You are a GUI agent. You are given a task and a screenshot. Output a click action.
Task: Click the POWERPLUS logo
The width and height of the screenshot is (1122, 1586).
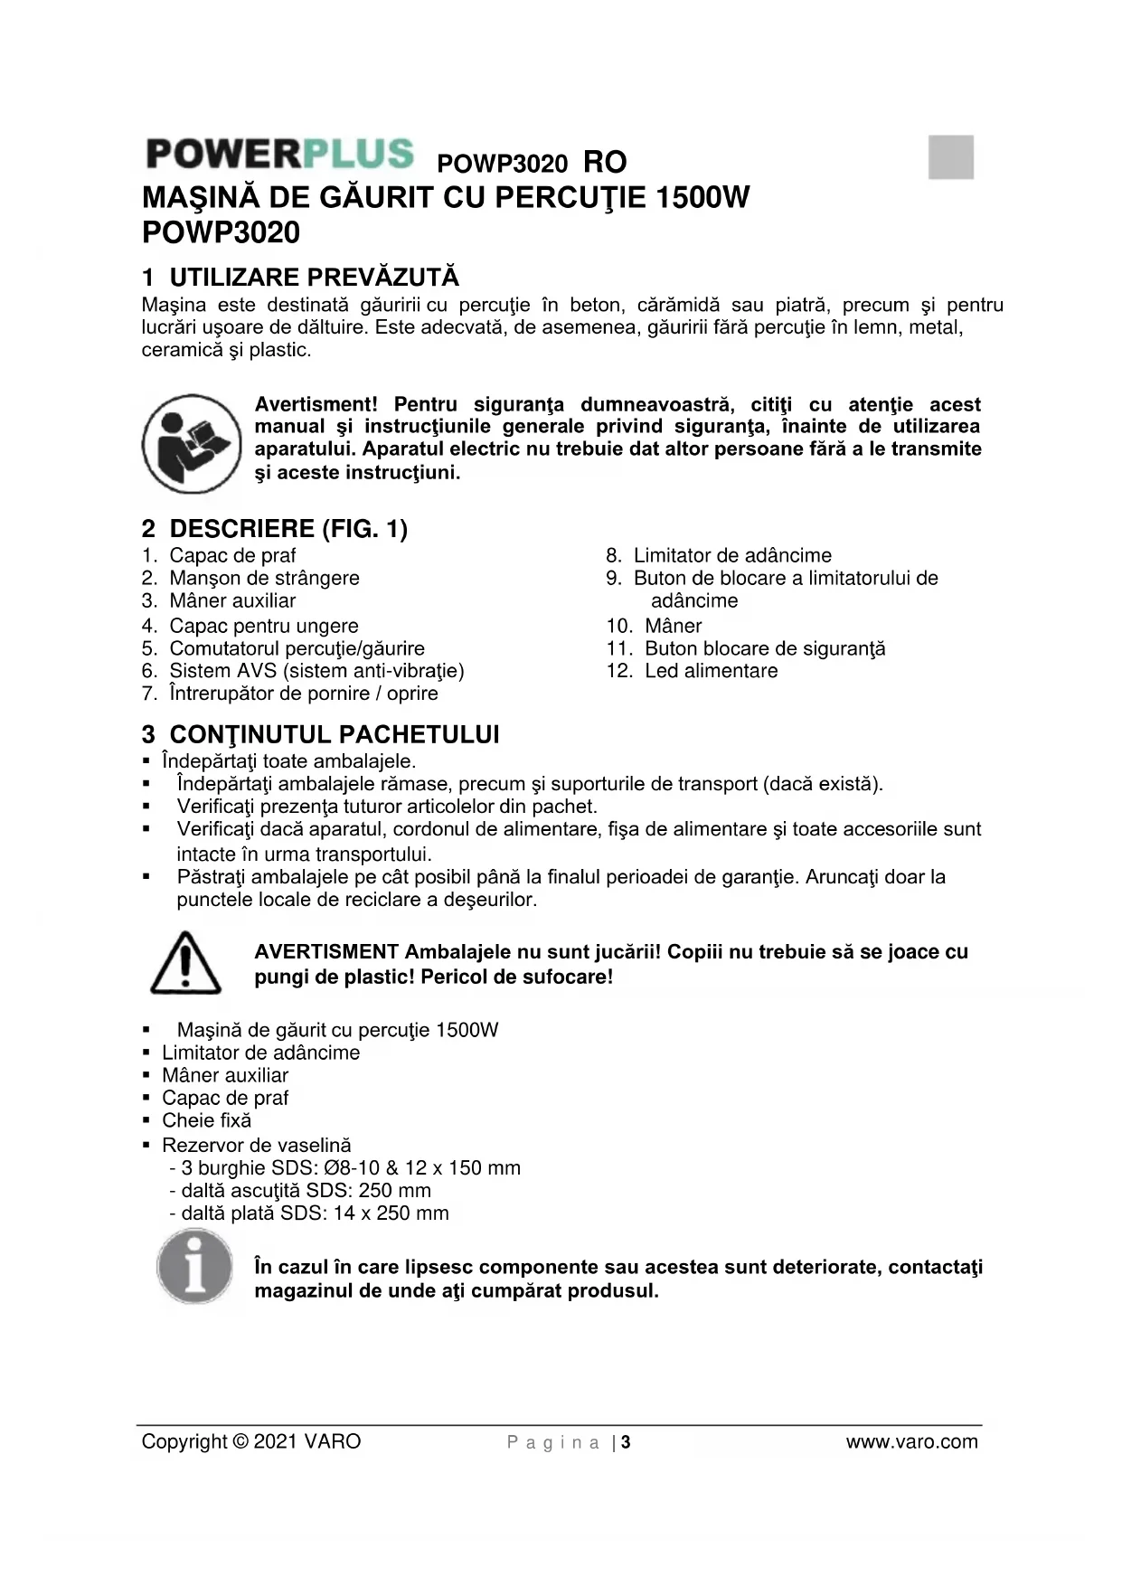(279, 154)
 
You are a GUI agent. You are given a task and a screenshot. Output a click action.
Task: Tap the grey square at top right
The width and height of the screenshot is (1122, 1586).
(950, 157)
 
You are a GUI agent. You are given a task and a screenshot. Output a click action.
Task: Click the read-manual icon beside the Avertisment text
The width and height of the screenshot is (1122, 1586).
(191, 443)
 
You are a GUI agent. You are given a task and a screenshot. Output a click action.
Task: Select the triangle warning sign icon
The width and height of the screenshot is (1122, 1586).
(185, 963)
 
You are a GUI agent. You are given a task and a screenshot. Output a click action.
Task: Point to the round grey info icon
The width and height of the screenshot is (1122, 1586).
(193, 1266)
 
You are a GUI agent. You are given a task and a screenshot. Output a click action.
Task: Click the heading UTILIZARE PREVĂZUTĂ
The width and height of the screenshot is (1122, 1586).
(314, 277)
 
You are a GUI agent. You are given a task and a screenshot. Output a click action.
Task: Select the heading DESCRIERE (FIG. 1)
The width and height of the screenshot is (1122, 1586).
(288, 528)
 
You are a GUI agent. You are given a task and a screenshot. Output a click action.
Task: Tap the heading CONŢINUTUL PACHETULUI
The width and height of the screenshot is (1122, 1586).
(334, 734)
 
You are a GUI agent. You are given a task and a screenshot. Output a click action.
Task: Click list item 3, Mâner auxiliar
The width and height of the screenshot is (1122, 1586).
(232, 600)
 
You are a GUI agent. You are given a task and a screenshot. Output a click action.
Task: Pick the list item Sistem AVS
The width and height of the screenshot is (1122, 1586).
(316, 671)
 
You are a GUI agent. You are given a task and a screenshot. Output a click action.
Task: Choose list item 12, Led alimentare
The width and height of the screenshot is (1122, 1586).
(711, 671)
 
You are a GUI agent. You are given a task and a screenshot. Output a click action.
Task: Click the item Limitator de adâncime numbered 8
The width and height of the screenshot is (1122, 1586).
(732, 555)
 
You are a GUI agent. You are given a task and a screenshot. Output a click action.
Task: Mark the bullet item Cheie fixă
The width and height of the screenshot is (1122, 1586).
(206, 1120)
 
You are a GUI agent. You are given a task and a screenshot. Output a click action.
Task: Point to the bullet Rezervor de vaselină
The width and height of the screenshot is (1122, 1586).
(256, 1145)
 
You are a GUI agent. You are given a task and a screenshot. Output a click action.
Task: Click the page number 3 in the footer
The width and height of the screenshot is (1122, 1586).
(626, 1442)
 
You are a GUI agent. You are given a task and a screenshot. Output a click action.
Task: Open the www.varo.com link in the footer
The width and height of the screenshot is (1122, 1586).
(911, 1441)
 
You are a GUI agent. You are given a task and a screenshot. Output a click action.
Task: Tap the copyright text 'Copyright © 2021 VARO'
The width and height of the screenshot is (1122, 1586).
(251, 1441)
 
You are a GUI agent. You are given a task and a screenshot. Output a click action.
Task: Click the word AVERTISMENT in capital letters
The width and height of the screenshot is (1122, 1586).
(326, 951)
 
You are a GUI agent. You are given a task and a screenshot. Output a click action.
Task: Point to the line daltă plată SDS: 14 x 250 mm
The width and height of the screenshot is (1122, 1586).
(314, 1213)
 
